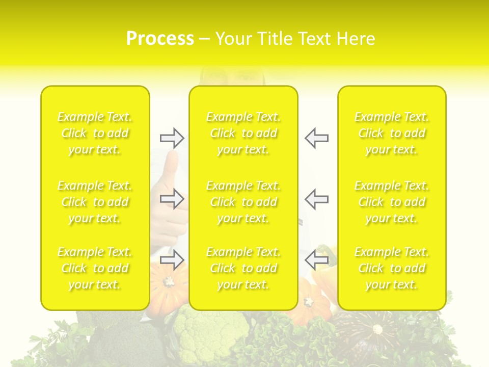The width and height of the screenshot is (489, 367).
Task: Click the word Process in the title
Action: (160, 39)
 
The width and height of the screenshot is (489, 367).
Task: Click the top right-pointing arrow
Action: (172, 138)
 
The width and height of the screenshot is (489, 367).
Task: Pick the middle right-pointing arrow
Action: (172, 199)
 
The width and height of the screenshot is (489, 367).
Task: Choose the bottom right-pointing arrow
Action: (172, 260)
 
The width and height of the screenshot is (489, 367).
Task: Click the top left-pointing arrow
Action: (316, 138)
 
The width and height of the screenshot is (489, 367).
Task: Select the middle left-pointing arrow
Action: (316, 199)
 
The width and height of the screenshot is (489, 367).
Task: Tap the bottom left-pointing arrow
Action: (316, 260)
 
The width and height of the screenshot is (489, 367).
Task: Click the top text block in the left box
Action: (95, 133)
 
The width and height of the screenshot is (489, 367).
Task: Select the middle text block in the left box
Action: (95, 202)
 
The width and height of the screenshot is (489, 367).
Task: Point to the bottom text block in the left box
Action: (95, 268)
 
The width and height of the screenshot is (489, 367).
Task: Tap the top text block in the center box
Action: (243, 133)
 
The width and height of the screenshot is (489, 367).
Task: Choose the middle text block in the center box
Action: (243, 202)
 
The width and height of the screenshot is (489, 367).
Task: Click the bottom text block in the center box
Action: (243, 268)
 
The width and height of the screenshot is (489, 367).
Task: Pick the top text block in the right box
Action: (392, 133)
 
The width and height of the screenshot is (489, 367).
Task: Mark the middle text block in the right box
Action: (392, 202)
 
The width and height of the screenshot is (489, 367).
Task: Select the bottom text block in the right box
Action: (392, 268)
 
